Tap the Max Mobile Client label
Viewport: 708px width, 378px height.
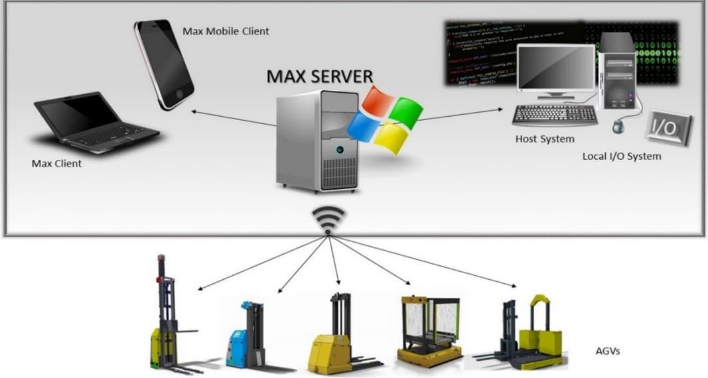pos(226,31)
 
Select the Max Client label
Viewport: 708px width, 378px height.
pos(56,163)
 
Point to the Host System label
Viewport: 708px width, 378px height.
pos(545,139)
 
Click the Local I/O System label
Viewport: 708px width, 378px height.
pos(622,157)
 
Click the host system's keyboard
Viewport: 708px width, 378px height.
pos(554,114)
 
